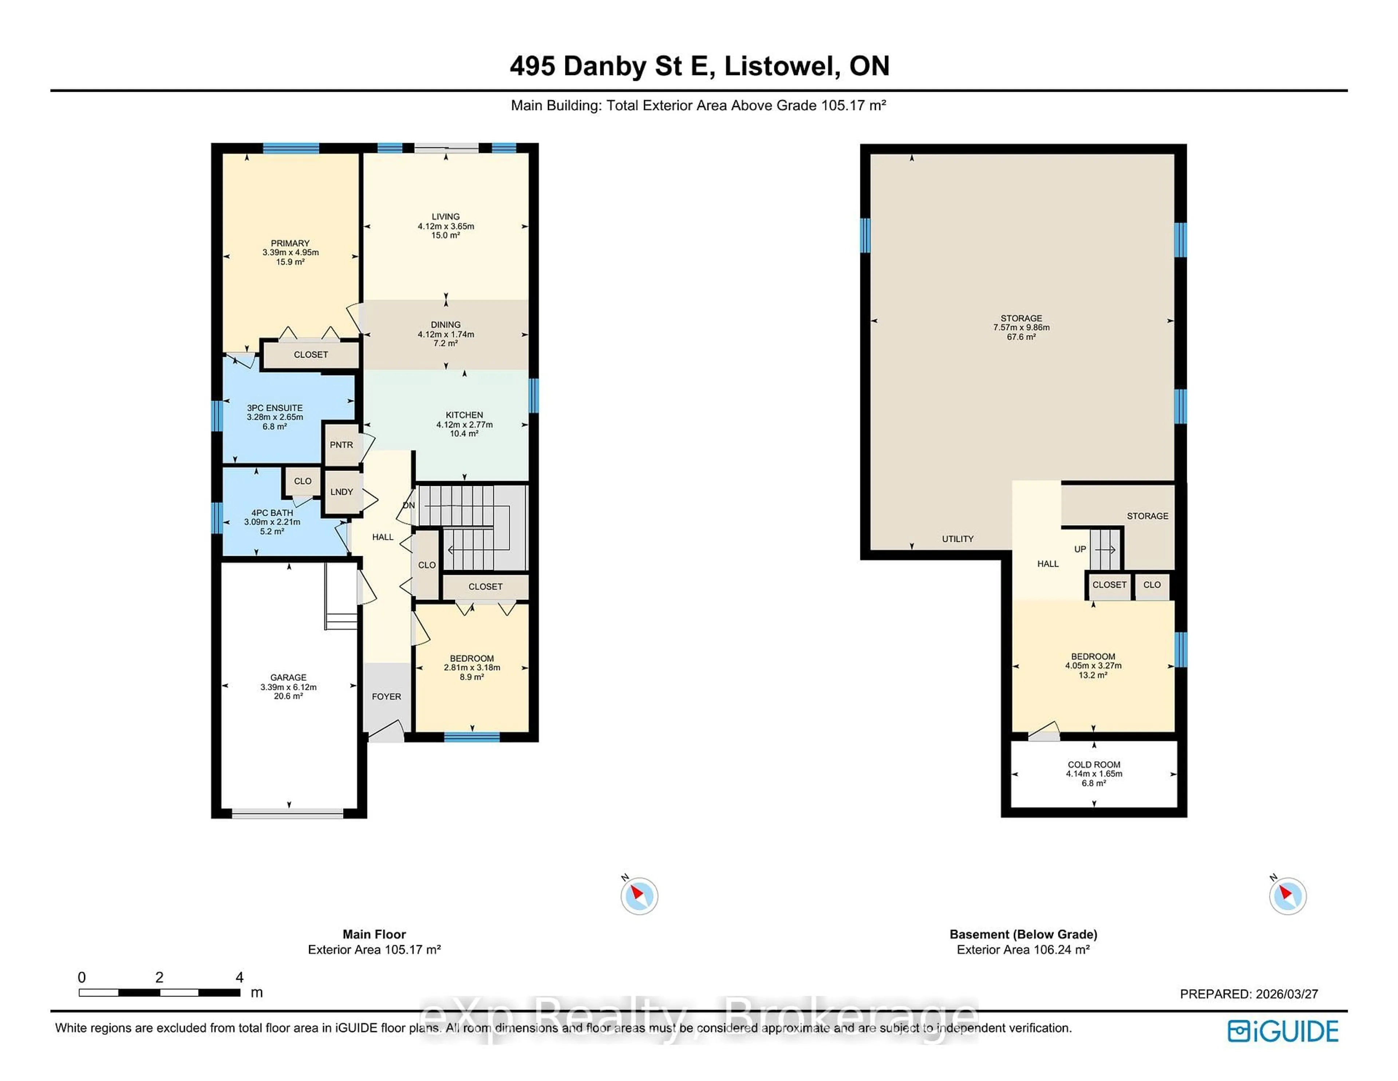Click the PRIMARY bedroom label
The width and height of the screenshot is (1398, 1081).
coord(290,243)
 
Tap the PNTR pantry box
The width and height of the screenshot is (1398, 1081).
coord(341,444)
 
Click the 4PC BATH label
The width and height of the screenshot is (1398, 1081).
coord(272,513)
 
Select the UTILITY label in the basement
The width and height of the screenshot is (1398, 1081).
coord(957,539)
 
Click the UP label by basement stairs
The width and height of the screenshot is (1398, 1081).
coord(1080,549)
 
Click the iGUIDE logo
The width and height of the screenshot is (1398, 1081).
coord(1283,1031)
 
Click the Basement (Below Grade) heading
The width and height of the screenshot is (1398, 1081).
coord(1023,934)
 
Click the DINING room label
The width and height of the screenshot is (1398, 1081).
coord(446,325)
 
